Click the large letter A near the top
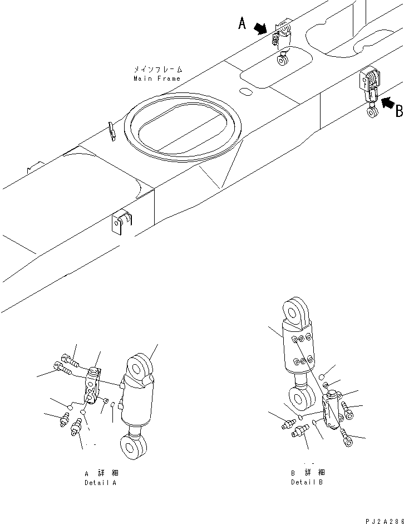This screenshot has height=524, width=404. click(x=243, y=23)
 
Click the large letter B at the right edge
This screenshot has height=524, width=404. click(x=399, y=111)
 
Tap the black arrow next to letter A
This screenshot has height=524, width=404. click(x=260, y=29)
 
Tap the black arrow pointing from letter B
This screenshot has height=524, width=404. click(x=388, y=102)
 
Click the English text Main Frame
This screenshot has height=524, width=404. click(x=157, y=79)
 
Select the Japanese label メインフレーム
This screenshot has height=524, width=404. click(x=158, y=70)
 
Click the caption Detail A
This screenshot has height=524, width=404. click(x=101, y=483)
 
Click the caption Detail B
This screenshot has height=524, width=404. click(x=307, y=482)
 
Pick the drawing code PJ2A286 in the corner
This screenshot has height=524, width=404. click(x=385, y=521)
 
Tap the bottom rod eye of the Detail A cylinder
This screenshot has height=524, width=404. click(x=133, y=447)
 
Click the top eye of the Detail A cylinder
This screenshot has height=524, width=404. click(x=139, y=368)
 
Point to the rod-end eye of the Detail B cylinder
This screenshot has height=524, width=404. click(x=302, y=399)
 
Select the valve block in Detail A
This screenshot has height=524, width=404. click(x=93, y=386)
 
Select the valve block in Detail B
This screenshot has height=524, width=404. click(x=332, y=410)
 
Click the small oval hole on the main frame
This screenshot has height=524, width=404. click(x=246, y=91)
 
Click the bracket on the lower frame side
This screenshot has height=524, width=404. click(x=121, y=222)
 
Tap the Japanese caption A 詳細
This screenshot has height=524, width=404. click(x=101, y=473)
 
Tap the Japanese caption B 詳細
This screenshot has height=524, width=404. click(x=308, y=472)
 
